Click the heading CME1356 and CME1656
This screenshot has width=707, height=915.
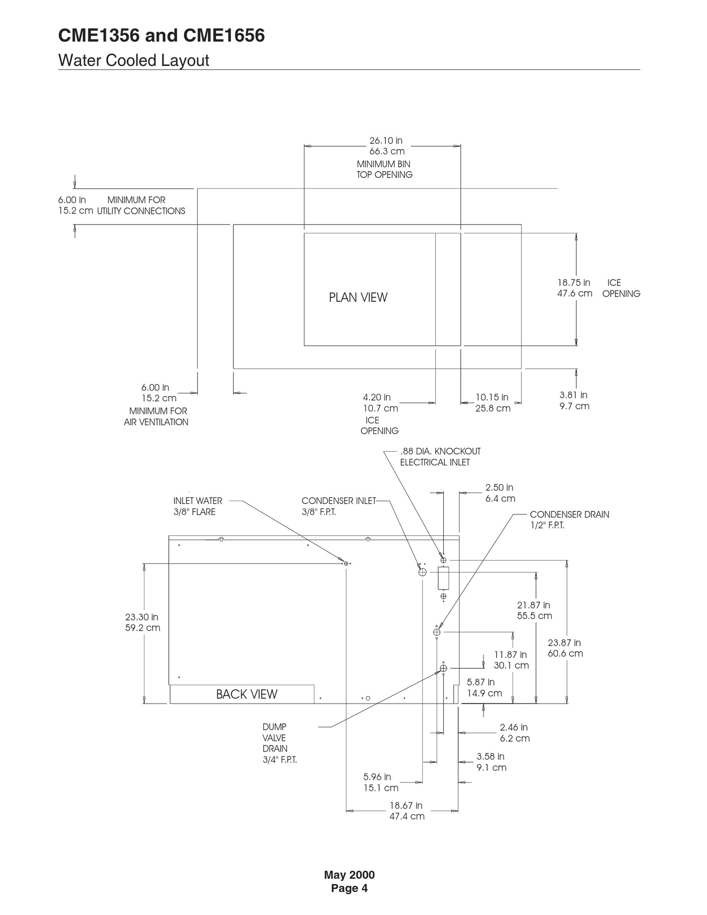[161, 36]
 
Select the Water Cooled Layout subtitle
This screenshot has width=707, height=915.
[133, 61]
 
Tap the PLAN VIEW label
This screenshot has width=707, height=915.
[358, 297]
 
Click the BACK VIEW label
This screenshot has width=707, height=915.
[247, 694]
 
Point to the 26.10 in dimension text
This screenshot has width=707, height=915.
[386, 141]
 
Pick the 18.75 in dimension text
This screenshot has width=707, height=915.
[574, 283]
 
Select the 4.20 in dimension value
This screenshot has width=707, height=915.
[377, 397]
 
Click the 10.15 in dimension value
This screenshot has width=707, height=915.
[492, 397]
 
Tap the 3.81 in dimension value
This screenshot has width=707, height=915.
[574, 395]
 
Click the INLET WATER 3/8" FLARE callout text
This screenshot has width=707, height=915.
[198, 506]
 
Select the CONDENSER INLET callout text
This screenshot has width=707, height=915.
[338, 501]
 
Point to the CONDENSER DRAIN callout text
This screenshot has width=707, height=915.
[569, 515]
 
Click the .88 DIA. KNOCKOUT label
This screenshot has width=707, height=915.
[440, 451]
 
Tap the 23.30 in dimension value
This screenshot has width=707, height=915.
[142, 617]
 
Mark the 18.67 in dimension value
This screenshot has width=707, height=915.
[406, 805]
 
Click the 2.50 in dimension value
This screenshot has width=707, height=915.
[499, 488]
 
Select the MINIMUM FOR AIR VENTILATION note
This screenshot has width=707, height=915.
[156, 416]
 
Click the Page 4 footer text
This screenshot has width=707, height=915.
[349, 888]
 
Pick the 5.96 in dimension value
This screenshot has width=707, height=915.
[377, 777]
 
